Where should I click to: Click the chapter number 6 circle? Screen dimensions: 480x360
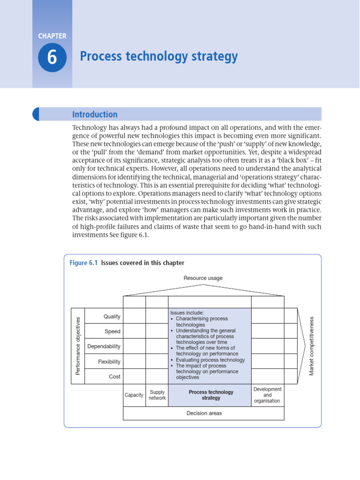tap(52, 57)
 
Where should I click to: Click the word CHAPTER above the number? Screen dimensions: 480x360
tap(52, 36)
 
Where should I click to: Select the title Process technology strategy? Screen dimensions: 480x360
tap(159, 57)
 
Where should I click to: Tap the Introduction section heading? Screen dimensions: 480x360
tap(95, 114)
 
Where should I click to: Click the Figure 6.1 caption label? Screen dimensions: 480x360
tap(83, 263)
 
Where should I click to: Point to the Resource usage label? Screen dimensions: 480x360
tap(203, 278)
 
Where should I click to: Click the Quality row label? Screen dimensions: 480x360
tap(112, 316)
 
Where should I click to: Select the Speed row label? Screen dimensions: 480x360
tap(112, 331)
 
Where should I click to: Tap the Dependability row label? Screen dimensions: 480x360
tap(104, 346)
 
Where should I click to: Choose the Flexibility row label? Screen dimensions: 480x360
tap(109, 361)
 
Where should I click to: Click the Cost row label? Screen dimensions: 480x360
tap(114, 376)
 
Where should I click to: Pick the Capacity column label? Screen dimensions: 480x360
tap(134, 395)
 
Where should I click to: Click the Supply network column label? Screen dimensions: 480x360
tap(157, 395)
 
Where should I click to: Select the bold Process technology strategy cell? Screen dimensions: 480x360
tap(210, 395)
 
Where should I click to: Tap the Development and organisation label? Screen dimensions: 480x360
tap(267, 395)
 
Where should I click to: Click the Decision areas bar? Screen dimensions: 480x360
tap(204, 413)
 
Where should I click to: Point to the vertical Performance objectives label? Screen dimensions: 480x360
tap(78, 346)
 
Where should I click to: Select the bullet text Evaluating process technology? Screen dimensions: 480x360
tap(210, 360)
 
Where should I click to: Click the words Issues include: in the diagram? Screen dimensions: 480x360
tap(187, 313)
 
